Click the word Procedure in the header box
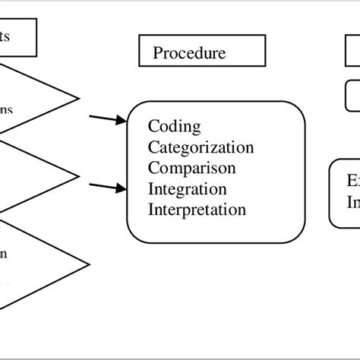tap(189, 52)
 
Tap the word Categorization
tap(201, 147)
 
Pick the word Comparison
tap(192, 167)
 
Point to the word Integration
tap(188, 188)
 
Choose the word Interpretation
tap(197, 209)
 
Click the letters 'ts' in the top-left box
tap(5, 36)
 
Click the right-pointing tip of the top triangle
tap(79, 99)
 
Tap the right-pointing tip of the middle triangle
tap(79, 177)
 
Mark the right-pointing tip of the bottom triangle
tap(87, 256)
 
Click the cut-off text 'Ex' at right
tap(353, 182)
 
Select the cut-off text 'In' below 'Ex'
tap(353, 203)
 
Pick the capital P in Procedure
tap(158, 52)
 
